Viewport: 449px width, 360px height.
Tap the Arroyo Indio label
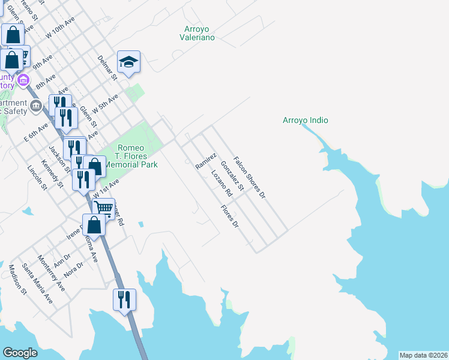[x=305, y=120]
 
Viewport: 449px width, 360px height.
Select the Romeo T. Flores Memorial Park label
[x=131, y=156]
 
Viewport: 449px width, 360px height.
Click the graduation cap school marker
[x=128, y=62]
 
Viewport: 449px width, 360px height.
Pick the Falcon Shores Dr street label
[x=249, y=177]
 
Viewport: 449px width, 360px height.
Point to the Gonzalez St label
[x=232, y=176]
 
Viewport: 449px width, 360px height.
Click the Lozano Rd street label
[x=221, y=184]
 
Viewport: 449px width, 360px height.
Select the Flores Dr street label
[x=230, y=217]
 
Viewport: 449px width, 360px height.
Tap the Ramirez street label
[x=206, y=161]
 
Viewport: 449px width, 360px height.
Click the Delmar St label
[x=106, y=67]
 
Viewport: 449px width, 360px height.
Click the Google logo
[x=20, y=353]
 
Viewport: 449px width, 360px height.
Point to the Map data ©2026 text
[x=423, y=355]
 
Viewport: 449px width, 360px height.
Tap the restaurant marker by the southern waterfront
[x=124, y=300]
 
